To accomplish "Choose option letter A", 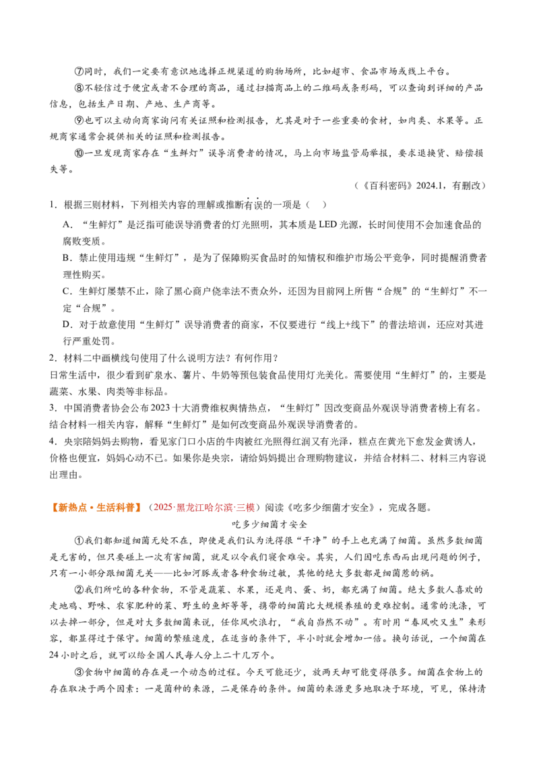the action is (67, 225).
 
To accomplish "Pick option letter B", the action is (67, 258).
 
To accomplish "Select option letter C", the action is (67, 291).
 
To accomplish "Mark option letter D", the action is (67, 324).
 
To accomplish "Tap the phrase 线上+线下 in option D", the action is (349, 324).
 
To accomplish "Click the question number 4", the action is (53, 442).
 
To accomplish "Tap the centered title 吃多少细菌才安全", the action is (269, 524).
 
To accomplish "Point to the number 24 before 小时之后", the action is (54, 655).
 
